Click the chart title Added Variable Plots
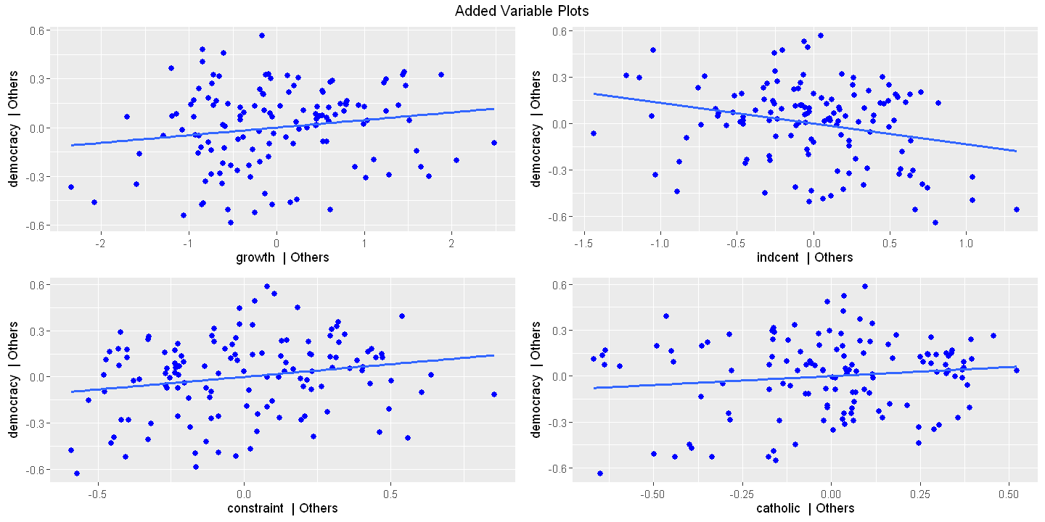coord(522,11)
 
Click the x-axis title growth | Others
coord(282,257)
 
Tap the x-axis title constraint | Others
coord(282,508)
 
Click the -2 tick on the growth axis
coord(100,241)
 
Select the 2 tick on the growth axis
coord(451,241)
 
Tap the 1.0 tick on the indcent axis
coord(966,241)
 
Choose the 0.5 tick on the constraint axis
coord(391,492)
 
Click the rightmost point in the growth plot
coord(493,143)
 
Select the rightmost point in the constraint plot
coord(494,394)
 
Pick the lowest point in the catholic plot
coord(600,473)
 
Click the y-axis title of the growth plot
coord(15,128)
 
